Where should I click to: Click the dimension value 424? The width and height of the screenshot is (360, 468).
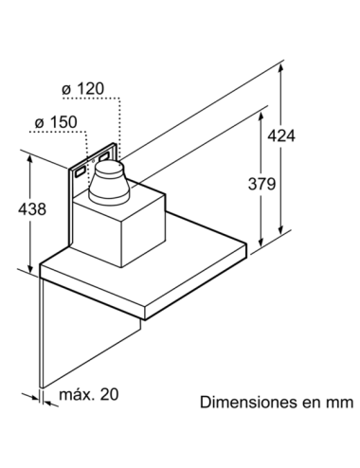click(x=281, y=135)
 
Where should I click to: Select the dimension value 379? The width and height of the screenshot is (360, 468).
click(x=261, y=184)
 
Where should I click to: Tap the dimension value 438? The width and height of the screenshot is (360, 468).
click(x=32, y=209)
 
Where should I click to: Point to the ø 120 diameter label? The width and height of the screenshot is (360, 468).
click(x=82, y=89)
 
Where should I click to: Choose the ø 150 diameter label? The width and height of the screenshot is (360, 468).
click(x=56, y=122)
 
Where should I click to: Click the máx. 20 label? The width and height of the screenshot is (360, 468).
click(x=89, y=394)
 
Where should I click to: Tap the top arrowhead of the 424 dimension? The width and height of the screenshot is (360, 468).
click(x=281, y=68)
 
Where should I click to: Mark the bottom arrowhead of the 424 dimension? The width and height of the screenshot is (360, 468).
click(x=281, y=229)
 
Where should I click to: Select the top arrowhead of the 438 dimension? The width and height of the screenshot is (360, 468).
click(x=30, y=160)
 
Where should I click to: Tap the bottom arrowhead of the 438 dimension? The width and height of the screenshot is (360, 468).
click(x=30, y=268)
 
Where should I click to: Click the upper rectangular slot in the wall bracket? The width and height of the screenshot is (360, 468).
click(x=104, y=155)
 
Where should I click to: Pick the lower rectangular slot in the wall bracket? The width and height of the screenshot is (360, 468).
click(x=80, y=171)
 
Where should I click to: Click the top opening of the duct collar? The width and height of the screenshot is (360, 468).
click(x=108, y=167)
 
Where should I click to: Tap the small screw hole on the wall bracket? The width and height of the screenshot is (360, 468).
click(x=93, y=161)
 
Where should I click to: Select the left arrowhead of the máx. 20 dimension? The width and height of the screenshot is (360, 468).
click(x=34, y=396)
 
